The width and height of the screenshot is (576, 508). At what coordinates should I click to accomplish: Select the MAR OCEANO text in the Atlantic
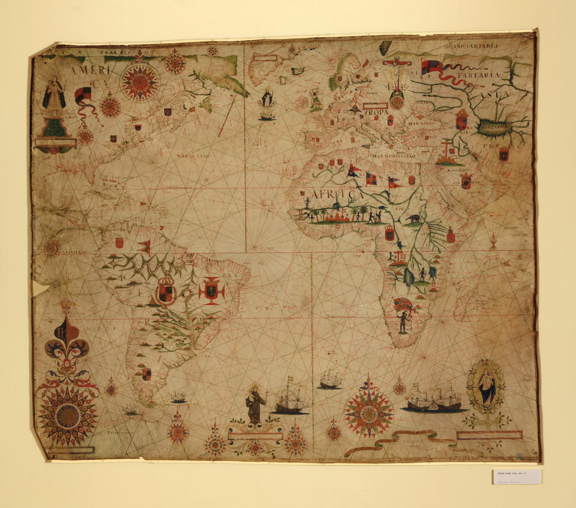pos(193,156)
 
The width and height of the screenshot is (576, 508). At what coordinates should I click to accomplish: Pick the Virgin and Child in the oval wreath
pos(486,388)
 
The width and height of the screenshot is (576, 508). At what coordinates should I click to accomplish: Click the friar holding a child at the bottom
pos(255,404)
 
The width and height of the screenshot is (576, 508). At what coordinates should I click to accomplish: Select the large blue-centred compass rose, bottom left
pos(68,415)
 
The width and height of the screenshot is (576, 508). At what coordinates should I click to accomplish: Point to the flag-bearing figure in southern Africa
pos(402,320)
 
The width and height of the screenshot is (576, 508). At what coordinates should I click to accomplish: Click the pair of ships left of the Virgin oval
pos(434,398)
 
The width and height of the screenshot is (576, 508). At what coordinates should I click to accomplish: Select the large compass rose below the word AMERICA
pos(140,82)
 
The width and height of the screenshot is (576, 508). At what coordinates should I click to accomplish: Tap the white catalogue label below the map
pos(517,477)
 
